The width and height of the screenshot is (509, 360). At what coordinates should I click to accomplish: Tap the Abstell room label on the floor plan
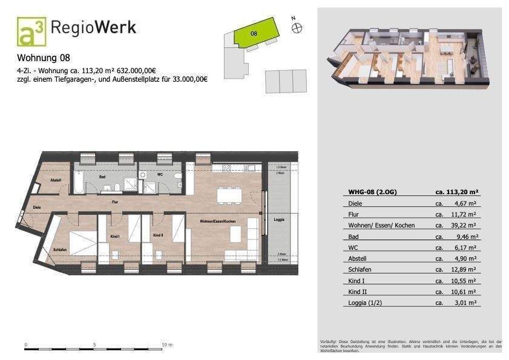click(55, 180)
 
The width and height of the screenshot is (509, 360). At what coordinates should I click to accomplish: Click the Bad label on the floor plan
click(103, 178)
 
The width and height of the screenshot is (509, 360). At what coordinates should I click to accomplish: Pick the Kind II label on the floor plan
click(158, 235)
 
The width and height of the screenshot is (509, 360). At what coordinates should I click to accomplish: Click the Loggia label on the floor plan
click(278, 219)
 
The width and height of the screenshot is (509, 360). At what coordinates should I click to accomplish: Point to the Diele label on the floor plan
click(36, 206)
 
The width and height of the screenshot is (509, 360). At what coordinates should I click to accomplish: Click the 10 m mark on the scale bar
click(164, 345)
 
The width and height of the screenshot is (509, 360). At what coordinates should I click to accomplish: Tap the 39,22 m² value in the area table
click(464, 225)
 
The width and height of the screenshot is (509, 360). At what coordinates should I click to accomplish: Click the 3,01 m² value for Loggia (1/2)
click(464, 303)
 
